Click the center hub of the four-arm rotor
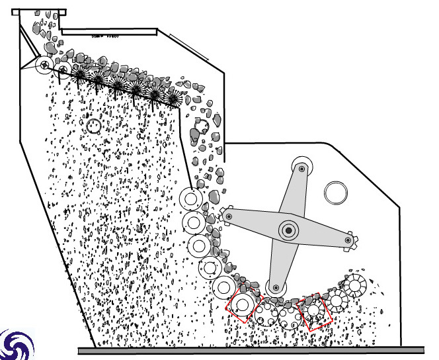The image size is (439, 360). tap(289, 230)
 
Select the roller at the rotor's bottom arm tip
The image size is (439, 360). tap(276, 287)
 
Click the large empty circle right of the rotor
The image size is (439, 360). tap(336, 193)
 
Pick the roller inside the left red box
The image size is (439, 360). tap(242, 305)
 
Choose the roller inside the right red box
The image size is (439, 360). tap(315, 310)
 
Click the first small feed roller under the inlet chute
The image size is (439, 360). tap(45, 65)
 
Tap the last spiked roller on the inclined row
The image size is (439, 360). tap(173, 99)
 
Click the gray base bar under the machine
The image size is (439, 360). tap(251, 350)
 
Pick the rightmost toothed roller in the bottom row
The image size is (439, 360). tap(355, 286)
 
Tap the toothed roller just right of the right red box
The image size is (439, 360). tap(337, 301)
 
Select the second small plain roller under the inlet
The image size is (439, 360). tap(63, 68)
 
